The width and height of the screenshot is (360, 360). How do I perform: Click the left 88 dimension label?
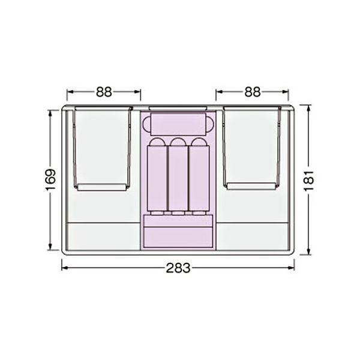tap(104, 92)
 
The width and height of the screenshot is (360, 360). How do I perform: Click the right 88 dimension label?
tap(253, 92)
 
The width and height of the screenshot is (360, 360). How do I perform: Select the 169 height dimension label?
tap(50, 180)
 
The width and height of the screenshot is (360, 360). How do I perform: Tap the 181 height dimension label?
tap(309, 181)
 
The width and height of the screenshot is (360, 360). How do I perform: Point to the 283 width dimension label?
tap(178, 268)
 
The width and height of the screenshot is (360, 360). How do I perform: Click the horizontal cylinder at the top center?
tap(178, 124)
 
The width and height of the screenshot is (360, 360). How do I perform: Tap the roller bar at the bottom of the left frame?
tap(102, 187)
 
